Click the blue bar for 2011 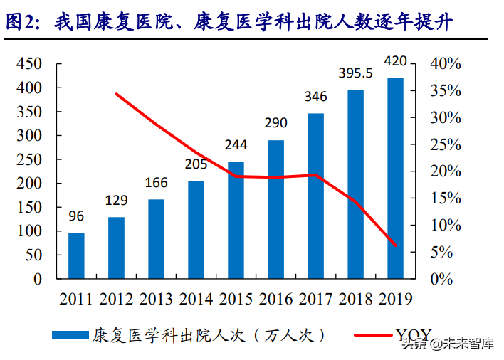coord(76,255)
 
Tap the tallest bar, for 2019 coord(395,178)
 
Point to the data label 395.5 coord(355,74)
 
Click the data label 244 coord(236,145)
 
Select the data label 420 coord(395,61)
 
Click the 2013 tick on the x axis coord(156,298)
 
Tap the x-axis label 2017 coord(315,298)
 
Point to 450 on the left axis coord(29,64)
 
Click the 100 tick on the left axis coord(29,231)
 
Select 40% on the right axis coord(446,64)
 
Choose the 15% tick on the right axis coord(446,198)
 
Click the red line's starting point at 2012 coord(116,94)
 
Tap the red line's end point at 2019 coord(395,246)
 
